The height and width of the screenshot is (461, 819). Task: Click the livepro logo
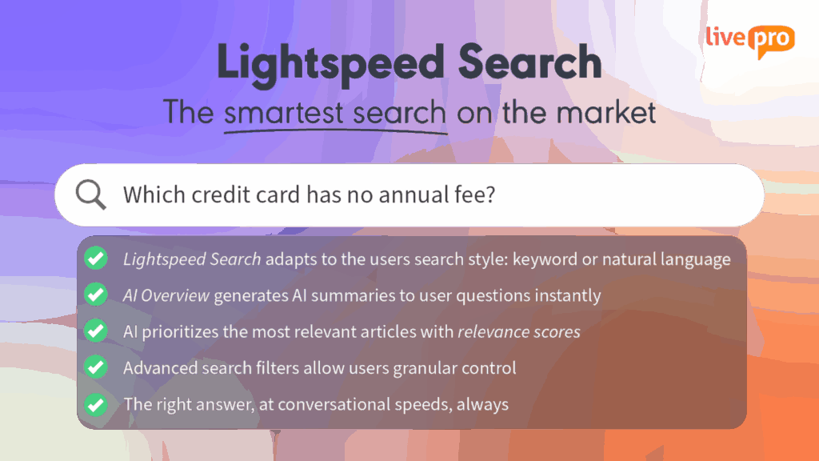749,41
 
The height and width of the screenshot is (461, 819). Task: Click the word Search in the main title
529,62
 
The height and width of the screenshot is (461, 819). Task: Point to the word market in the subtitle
608,112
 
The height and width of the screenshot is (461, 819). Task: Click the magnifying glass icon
90,195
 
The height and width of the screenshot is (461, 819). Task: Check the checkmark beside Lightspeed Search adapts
96,259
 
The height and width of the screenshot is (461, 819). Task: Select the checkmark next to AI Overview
96,295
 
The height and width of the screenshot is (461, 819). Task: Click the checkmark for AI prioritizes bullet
96,331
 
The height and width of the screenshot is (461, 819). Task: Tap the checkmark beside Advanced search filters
96,367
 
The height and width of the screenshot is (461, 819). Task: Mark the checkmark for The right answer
96,403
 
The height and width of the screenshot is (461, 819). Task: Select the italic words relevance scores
519,331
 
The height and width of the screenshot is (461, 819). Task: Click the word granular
434,368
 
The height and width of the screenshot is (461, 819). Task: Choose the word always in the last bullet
482,404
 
